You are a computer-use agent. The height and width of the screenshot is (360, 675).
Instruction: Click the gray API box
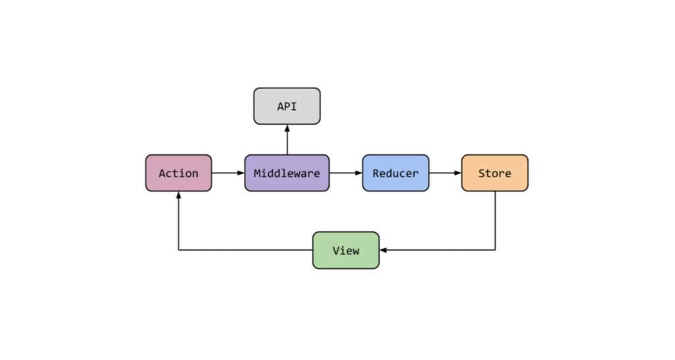coord(287,106)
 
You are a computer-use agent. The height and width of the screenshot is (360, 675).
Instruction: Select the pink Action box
coord(179,173)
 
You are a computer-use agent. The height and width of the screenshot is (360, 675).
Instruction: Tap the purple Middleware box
coord(287,173)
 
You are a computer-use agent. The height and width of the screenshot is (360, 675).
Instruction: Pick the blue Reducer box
coord(396,173)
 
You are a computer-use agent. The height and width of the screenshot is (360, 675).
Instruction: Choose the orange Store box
coord(494,173)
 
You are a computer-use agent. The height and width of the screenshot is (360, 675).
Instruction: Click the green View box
coord(345,251)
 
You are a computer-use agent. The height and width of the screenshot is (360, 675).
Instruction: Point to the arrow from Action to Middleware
coord(228,173)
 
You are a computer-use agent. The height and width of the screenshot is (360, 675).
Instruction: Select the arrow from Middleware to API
coord(287,140)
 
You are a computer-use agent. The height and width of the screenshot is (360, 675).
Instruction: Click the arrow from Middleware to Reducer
coord(345,173)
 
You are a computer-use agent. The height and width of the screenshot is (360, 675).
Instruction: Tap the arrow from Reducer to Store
coord(445,173)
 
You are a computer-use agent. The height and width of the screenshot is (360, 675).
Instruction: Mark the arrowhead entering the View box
coord(383,251)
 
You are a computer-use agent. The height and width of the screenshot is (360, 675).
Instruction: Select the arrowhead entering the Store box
coord(457,173)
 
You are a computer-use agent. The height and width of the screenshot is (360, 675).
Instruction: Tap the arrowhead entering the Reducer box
coord(359,173)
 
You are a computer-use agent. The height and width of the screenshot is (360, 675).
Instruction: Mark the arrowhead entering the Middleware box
coord(241,173)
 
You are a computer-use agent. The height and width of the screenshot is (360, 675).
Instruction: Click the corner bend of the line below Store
coord(495,251)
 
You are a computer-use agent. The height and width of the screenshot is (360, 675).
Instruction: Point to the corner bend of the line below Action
coord(179,251)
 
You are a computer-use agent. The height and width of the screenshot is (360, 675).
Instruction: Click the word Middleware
coord(287,173)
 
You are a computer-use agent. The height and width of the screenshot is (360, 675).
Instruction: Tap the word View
coord(345,251)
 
